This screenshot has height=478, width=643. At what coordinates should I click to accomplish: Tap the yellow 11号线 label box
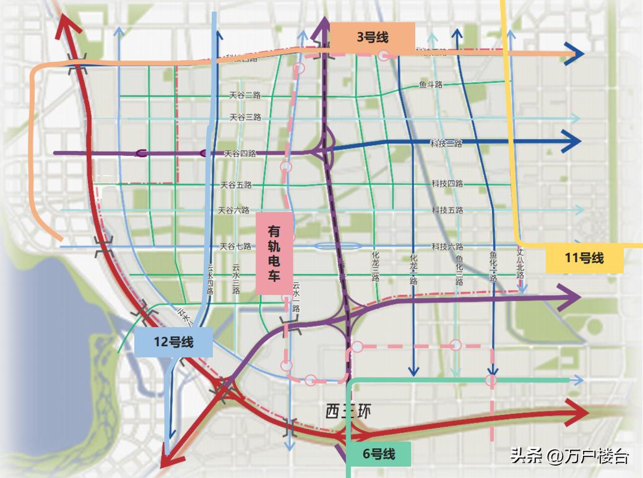point(584,258)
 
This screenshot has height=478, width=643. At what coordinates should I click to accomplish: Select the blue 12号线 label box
point(173,342)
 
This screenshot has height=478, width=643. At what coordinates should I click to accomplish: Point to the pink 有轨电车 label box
point(274,252)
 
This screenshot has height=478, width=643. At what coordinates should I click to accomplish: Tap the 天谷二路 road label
point(245,96)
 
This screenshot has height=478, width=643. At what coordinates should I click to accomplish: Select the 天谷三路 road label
point(245,117)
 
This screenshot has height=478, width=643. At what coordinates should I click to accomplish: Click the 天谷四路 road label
point(240,153)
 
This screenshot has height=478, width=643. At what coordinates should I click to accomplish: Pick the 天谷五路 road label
point(236,185)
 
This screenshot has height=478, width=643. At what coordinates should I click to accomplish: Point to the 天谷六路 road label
point(234,210)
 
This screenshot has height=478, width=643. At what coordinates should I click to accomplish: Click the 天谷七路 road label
point(235,246)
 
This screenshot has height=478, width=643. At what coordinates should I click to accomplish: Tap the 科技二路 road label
point(446,143)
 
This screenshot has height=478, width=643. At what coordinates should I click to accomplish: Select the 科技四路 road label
point(447,184)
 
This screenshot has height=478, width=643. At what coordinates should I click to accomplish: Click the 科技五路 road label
point(447,210)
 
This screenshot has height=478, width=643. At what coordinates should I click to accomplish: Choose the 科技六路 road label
point(447,246)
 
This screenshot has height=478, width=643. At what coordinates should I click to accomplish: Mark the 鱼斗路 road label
point(431,85)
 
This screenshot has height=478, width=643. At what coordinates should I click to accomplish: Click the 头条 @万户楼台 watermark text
point(569,457)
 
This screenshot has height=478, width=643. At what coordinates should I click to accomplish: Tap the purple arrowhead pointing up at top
point(322,26)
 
